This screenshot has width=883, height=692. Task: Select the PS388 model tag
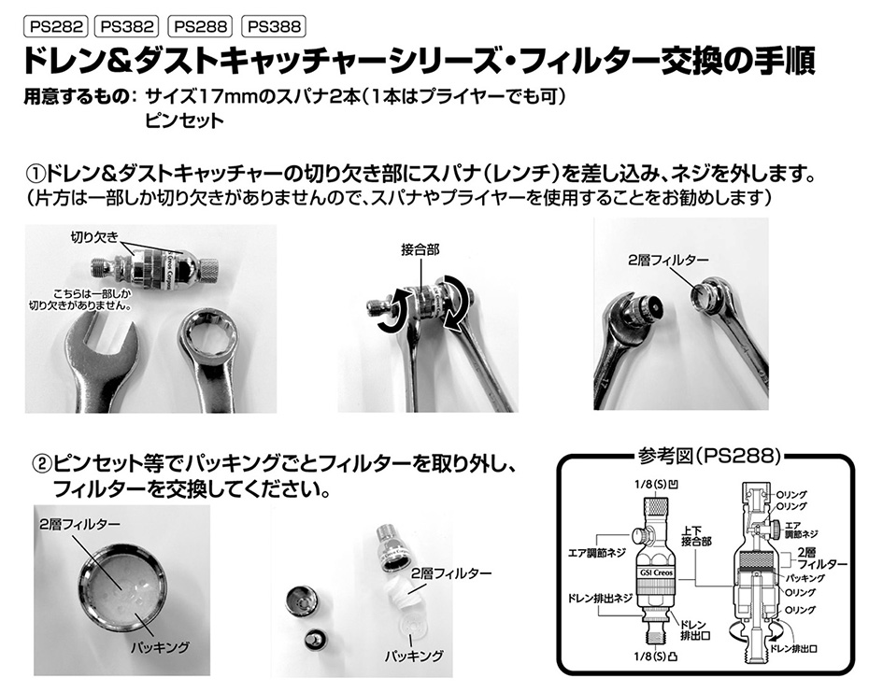pyautogui.click(x=274, y=26)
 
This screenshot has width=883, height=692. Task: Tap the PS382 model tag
pyautogui.click(x=127, y=26)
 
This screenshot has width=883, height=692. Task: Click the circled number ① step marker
pyautogui.click(x=36, y=174)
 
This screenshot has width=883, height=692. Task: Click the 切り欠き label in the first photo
pyautogui.click(x=94, y=237)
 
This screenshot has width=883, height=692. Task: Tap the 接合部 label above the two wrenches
pyautogui.click(x=420, y=249)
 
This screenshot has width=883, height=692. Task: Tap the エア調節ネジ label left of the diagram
pyautogui.click(x=597, y=553)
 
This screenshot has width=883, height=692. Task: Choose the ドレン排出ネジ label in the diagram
pyautogui.click(x=600, y=598)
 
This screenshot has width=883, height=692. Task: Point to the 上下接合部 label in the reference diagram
pyautogui.click(x=696, y=536)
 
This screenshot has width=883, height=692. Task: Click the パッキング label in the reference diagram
pyautogui.click(x=805, y=578)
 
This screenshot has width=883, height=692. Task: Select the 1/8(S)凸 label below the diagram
pyautogui.click(x=656, y=656)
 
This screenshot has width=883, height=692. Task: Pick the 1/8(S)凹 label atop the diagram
pyautogui.click(x=656, y=485)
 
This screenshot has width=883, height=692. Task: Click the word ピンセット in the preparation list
pyautogui.click(x=185, y=120)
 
